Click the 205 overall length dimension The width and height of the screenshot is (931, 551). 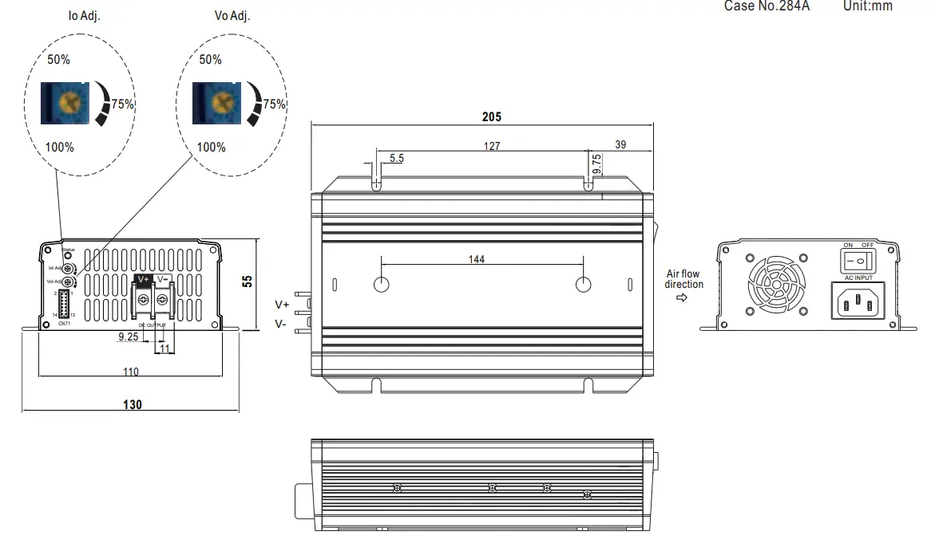click(492, 116)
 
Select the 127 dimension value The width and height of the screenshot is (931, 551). click(492, 147)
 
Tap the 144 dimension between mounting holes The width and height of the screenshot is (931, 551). click(477, 258)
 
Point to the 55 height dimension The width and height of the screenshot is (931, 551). click(247, 281)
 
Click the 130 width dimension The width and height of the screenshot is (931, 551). click(133, 405)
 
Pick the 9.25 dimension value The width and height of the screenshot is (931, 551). click(128, 337)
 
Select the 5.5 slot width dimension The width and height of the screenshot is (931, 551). click(396, 159)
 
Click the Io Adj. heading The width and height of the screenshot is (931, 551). click(84, 16)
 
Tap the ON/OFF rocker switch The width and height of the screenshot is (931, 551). click(858, 261)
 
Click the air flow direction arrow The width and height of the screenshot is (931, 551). click(682, 298)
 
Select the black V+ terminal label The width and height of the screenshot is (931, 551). click(144, 280)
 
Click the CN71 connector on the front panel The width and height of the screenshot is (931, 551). click(64, 305)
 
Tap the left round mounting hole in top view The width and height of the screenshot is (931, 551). click(382, 285)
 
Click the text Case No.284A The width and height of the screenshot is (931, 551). click(767, 6)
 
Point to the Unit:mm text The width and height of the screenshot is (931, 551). click(867, 6)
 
